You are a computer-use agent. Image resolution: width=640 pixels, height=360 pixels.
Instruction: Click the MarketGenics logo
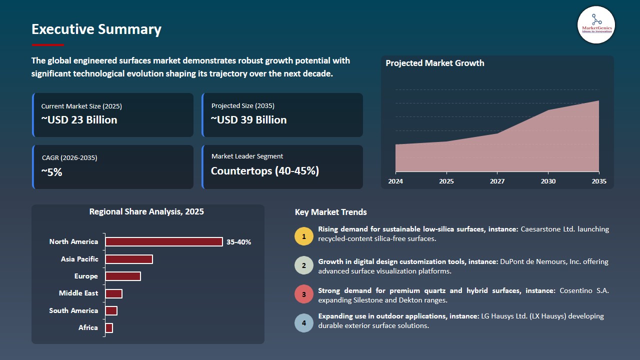tap(596, 25)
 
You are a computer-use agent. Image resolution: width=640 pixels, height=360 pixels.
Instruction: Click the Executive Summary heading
tap(96, 29)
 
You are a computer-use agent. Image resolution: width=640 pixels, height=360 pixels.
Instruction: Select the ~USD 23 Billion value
tap(79, 119)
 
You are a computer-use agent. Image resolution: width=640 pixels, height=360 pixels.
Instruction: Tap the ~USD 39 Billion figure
tap(248, 119)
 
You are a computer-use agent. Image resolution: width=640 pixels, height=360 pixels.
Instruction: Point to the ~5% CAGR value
tap(51, 172)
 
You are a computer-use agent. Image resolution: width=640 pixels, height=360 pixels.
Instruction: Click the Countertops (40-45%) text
tap(265, 171)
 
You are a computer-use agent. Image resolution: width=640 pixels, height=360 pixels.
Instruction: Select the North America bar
tap(164, 241)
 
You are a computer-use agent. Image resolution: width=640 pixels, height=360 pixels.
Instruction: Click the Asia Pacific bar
tap(129, 259)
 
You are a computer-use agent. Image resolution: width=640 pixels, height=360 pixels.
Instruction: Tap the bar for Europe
tap(123, 276)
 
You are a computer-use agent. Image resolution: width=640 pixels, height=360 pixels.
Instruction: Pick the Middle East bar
tap(113, 293)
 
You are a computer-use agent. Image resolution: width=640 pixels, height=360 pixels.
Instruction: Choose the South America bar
tap(111, 311)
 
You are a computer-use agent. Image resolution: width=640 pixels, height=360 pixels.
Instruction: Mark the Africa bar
tap(109, 328)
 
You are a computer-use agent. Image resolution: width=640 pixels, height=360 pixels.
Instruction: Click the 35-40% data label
tap(239, 242)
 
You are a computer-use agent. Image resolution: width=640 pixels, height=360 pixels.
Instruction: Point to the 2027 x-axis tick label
tap(497, 181)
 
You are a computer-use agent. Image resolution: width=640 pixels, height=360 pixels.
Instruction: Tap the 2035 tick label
tap(599, 181)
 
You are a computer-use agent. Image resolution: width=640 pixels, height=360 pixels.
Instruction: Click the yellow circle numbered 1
tap(304, 236)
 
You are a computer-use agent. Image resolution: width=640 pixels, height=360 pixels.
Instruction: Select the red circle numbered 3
tap(304, 294)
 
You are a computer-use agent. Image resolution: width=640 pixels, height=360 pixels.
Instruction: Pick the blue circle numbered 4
tap(304, 323)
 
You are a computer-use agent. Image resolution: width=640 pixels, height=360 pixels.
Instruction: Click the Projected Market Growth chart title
tap(435, 63)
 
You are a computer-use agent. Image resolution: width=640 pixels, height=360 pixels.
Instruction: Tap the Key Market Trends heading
tap(330, 212)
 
